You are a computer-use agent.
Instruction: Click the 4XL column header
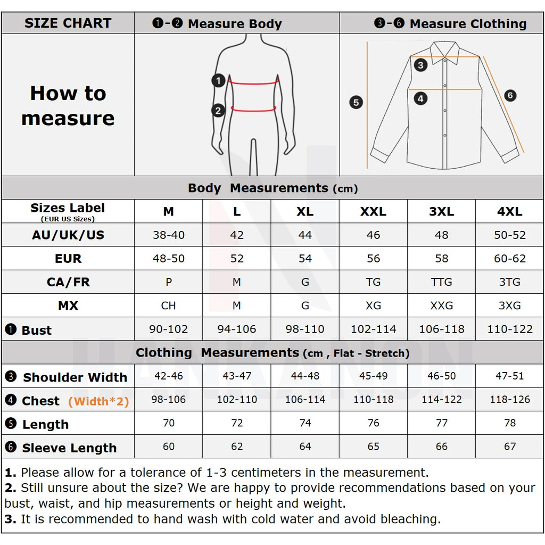509,211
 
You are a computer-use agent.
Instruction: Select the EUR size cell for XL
305,259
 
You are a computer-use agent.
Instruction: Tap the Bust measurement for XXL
373,329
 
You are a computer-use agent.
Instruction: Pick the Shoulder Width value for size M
169,376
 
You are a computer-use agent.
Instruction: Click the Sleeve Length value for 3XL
442,447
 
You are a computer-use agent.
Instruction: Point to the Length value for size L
237,423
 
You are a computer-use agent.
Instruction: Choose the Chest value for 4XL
509,399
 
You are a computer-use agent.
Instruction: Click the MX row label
68,305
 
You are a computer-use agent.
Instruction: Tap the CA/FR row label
68,282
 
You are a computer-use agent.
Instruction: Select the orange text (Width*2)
98,401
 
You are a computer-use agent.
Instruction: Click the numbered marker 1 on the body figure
218,81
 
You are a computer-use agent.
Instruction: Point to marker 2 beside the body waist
218,111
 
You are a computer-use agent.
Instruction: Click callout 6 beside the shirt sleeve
510,96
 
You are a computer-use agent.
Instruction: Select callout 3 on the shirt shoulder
421,65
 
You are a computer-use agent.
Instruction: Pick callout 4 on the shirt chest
420,98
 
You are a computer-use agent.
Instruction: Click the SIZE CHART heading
68,23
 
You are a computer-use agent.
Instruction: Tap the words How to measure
68,105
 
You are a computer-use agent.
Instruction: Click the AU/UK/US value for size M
169,235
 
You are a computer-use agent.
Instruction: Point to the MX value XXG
442,305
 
